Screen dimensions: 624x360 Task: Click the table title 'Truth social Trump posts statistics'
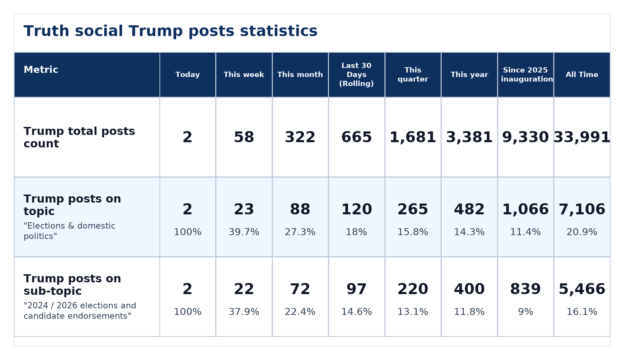tap(171, 31)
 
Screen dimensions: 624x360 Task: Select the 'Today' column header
tap(188, 75)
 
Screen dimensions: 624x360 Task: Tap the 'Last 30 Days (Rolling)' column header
tap(356, 75)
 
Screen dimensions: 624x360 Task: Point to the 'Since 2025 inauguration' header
tap(526, 75)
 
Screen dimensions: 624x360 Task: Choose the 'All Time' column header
tap(582, 75)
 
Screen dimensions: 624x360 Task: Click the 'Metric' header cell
tap(41, 70)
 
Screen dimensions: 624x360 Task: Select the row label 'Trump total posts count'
tap(79, 137)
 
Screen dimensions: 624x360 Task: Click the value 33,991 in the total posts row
tap(582, 137)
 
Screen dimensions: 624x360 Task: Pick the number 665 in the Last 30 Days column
tap(356, 137)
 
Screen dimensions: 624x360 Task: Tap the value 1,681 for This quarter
tap(413, 137)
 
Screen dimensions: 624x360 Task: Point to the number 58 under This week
tap(244, 137)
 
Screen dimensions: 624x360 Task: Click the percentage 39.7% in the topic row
tap(244, 232)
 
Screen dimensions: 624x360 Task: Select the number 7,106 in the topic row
tap(582, 209)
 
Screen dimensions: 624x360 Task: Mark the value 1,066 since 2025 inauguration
tap(526, 209)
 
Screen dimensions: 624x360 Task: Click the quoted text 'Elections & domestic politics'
tap(69, 231)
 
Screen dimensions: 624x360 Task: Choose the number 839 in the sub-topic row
tap(526, 289)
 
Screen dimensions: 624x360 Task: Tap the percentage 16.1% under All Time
tap(582, 312)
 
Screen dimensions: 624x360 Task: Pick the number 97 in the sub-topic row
tap(356, 289)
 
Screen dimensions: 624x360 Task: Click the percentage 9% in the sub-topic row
tap(526, 312)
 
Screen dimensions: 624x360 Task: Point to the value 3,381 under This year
tap(469, 137)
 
